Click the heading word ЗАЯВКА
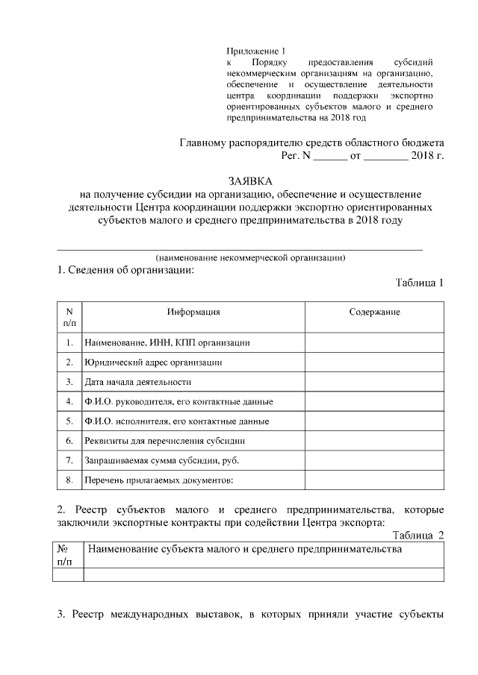[250, 181]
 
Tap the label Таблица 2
[419, 535]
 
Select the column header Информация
[193, 312]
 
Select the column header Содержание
[374, 312]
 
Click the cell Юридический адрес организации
[154, 362]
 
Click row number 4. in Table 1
[69, 401]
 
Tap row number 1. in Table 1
[69, 343]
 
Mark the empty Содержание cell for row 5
[374, 421]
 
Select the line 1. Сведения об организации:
[125, 270]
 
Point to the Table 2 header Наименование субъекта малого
[246, 550]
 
